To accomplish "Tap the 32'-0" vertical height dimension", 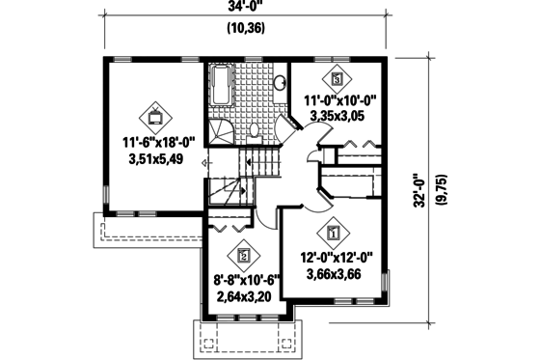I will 420,191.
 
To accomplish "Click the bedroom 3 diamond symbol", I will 337,79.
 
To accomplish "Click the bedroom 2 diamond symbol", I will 243,256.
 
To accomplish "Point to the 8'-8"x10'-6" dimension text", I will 246,281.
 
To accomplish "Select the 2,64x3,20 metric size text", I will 243,296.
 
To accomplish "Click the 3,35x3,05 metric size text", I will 337,116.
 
